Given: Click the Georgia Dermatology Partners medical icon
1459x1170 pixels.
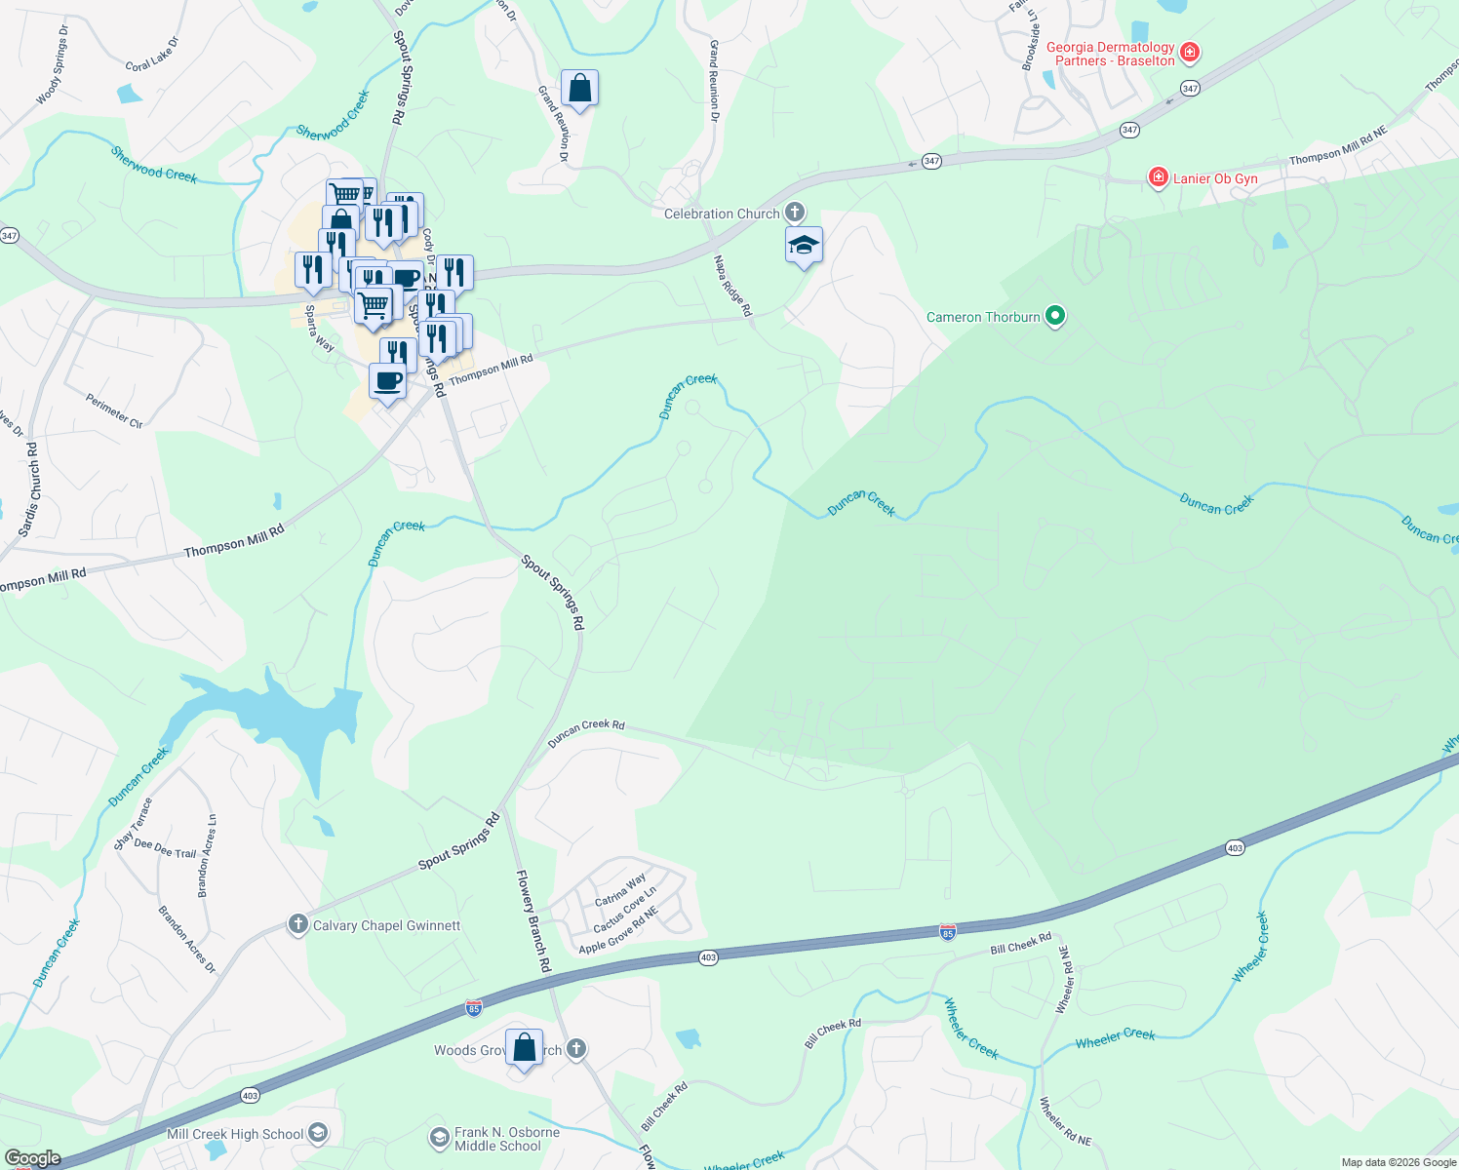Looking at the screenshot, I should point(1189,53).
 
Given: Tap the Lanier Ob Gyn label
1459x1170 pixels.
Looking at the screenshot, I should point(1215,178).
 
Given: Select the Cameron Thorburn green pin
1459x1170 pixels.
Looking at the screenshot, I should point(1054,316).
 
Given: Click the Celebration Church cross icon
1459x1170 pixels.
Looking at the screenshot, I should point(795,213).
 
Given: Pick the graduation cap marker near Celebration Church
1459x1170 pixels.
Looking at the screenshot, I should point(804,246).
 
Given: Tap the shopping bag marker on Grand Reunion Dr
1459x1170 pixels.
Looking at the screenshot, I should point(579,89).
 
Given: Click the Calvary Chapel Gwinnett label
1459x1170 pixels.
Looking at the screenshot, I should point(386,925).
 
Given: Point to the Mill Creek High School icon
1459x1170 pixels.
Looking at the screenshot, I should point(318,1133).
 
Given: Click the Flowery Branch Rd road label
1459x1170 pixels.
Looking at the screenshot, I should point(533,920).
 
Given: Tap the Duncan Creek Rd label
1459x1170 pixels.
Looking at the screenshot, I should point(585,733).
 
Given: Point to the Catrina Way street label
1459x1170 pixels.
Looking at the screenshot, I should point(620,889).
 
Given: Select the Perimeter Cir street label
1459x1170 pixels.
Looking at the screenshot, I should point(114,410).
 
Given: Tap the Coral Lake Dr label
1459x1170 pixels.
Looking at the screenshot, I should point(153,55).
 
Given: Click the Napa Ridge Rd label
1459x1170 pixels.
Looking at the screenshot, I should point(732,286).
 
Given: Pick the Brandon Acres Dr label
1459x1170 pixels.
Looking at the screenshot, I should point(187,940).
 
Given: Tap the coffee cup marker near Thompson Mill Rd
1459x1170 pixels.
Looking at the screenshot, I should point(388,380).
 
